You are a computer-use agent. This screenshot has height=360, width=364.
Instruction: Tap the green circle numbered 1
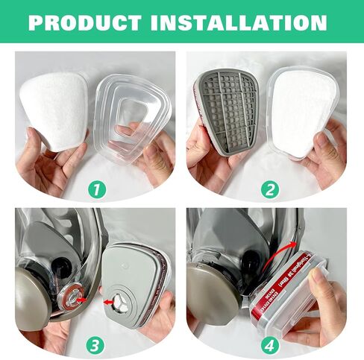pyautogui.click(x=95, y=189)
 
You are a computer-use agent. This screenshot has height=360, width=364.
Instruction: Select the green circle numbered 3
pyautogui.click(x=95, y=345)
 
